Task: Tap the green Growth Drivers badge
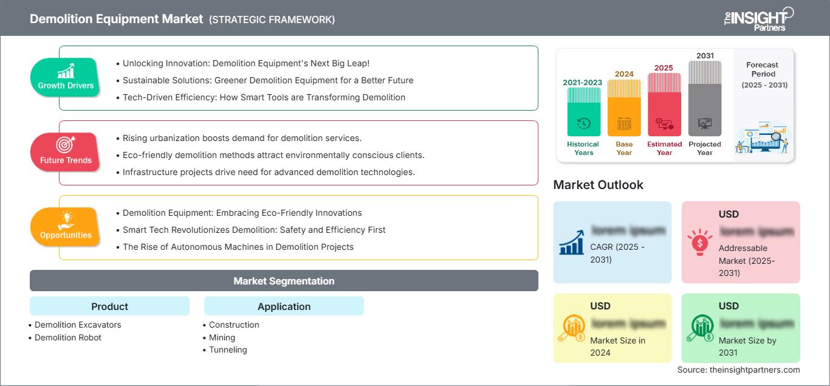coord(66,77)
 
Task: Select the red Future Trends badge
coord(66,152)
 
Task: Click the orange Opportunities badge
coord(66,227)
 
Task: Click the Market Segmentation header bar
coord(284,281)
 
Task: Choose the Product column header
coord(109,306)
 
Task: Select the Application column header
coord(284,306)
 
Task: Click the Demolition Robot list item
coord(68,337)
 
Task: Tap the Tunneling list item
coord(228,350)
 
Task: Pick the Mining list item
coord(222,337)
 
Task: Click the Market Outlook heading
coord(598,185)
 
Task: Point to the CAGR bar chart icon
coord(572,243)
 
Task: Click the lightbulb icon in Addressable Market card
coord(699,243)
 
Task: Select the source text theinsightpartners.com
coord(738,370)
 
